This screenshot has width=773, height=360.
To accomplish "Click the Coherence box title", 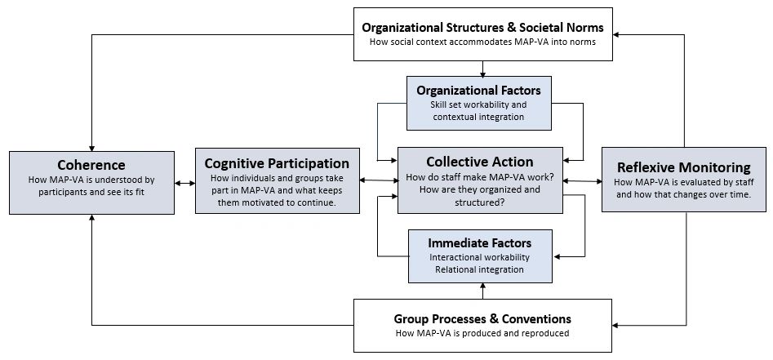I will coord(91,165).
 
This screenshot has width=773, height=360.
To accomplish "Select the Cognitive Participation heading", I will coord(277,163).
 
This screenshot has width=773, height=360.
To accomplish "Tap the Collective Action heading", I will coord(480,162).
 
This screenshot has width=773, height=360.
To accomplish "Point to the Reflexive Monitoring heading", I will coord(682,168).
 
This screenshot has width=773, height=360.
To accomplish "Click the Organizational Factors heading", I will coord(478,90).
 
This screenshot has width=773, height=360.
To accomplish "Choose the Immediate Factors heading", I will coord(479,242).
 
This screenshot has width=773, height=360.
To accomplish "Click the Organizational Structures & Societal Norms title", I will coord(483,28).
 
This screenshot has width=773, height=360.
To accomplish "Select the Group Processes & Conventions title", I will coord(482,318).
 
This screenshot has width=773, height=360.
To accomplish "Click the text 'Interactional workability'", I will coord(479,257).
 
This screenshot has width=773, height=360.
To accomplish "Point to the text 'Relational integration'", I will coord(479,269).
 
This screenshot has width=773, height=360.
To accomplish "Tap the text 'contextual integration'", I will coord(478,118).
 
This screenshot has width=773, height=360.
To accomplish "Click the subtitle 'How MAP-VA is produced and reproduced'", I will coord(482,333).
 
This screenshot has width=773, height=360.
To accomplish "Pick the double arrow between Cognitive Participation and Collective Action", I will coord(379,180).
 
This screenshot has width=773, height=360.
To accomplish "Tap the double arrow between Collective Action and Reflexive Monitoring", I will coord(582,180).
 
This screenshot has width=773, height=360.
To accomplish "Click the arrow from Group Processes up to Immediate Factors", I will coord(483,290).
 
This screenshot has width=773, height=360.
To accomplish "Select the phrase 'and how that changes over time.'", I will coord(682,195).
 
